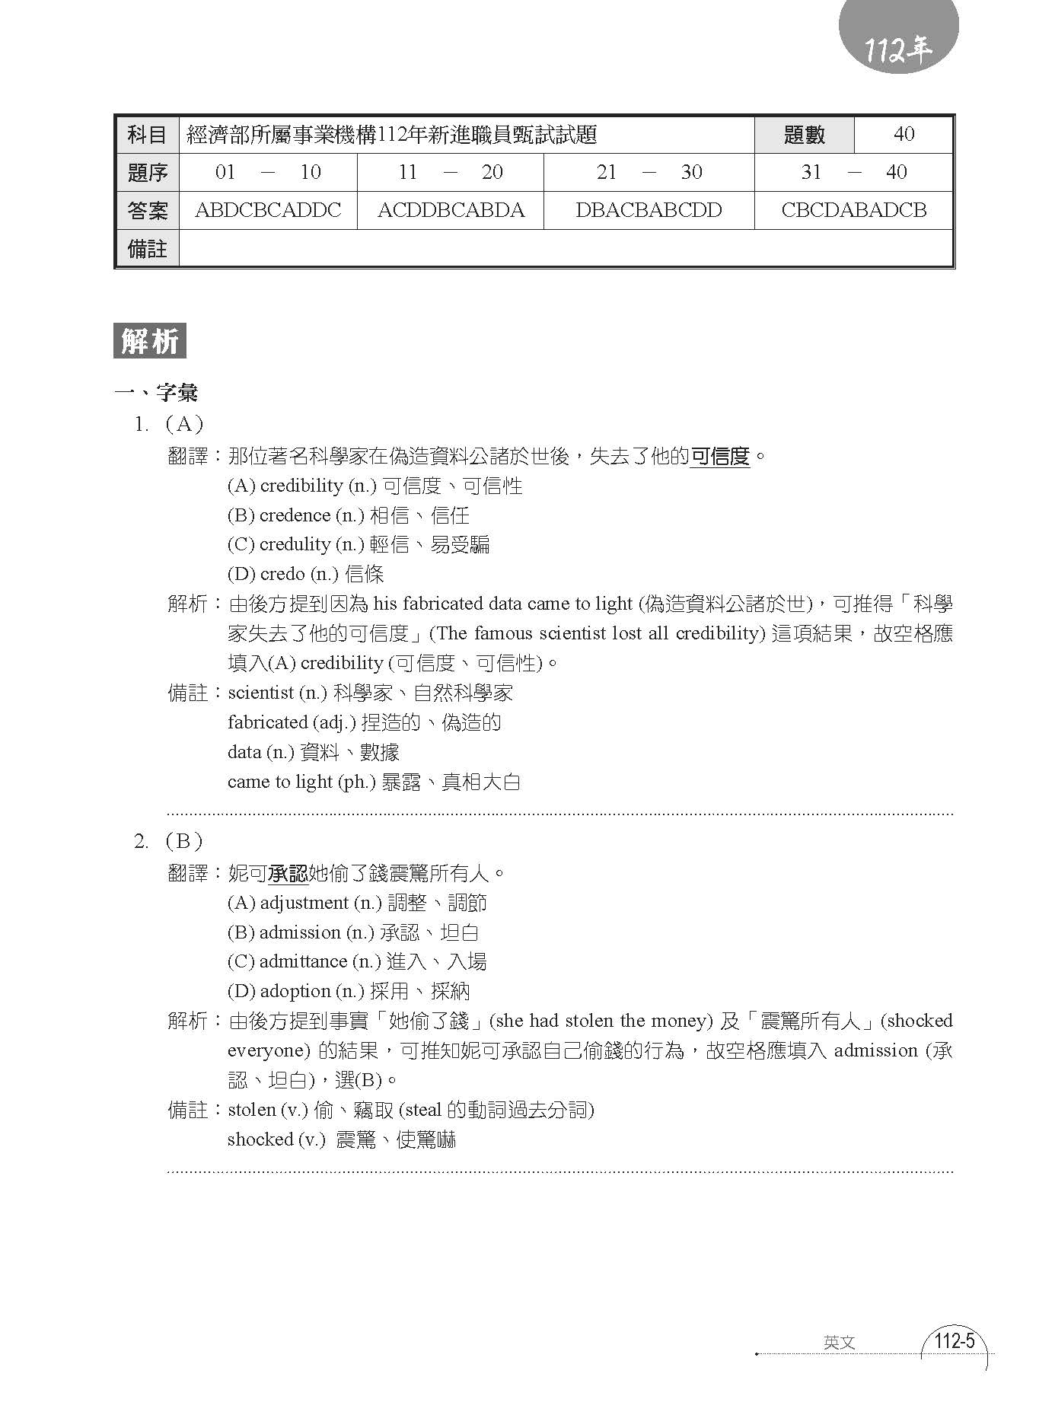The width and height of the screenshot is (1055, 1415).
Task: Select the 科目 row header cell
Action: tap(147, 135)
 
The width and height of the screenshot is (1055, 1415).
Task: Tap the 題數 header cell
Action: tap(804, 135)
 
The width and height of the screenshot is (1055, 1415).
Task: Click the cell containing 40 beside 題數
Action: tap(904, 135)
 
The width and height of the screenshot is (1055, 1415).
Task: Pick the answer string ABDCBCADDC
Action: tap(268, 210)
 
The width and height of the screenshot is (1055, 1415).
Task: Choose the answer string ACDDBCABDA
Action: tap(451, 210)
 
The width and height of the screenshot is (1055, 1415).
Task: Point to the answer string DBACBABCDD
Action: tap(649, 210)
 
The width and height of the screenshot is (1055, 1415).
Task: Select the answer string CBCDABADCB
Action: tap(853, 210)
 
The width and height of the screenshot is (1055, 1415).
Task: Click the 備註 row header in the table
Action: tap(147, 249)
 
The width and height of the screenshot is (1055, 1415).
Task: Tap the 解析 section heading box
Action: tap(150, 342)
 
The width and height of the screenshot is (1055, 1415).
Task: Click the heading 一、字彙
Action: tap(156, 393)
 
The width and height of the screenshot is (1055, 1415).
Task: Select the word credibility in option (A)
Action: tap(301, 486)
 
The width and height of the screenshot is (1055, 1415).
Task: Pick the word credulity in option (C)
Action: tap(295, 544)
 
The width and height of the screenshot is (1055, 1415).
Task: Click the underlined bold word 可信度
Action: tap(720, 457)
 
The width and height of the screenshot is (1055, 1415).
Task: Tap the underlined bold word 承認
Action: tap(288, 874)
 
